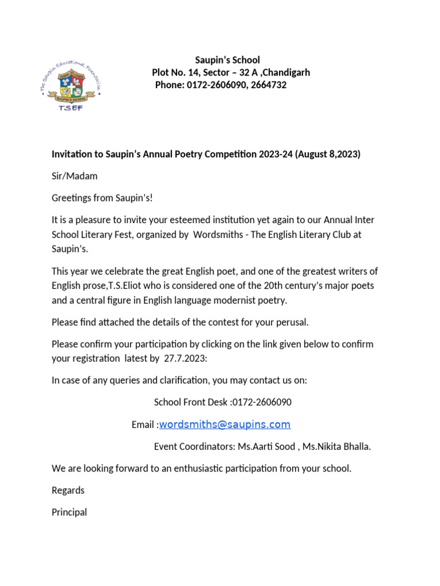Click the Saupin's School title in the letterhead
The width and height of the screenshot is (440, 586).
tap(227, 60)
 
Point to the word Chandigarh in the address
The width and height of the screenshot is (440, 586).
tap(284, 73)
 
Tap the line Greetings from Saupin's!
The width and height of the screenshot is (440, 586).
tap(103, 198)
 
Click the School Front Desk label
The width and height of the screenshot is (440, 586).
tap(191, 402)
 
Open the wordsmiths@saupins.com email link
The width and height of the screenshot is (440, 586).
tap(225, 425)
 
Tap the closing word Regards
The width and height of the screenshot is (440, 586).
tap(68, 490)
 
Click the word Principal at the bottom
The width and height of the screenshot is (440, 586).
tap(69, 512)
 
